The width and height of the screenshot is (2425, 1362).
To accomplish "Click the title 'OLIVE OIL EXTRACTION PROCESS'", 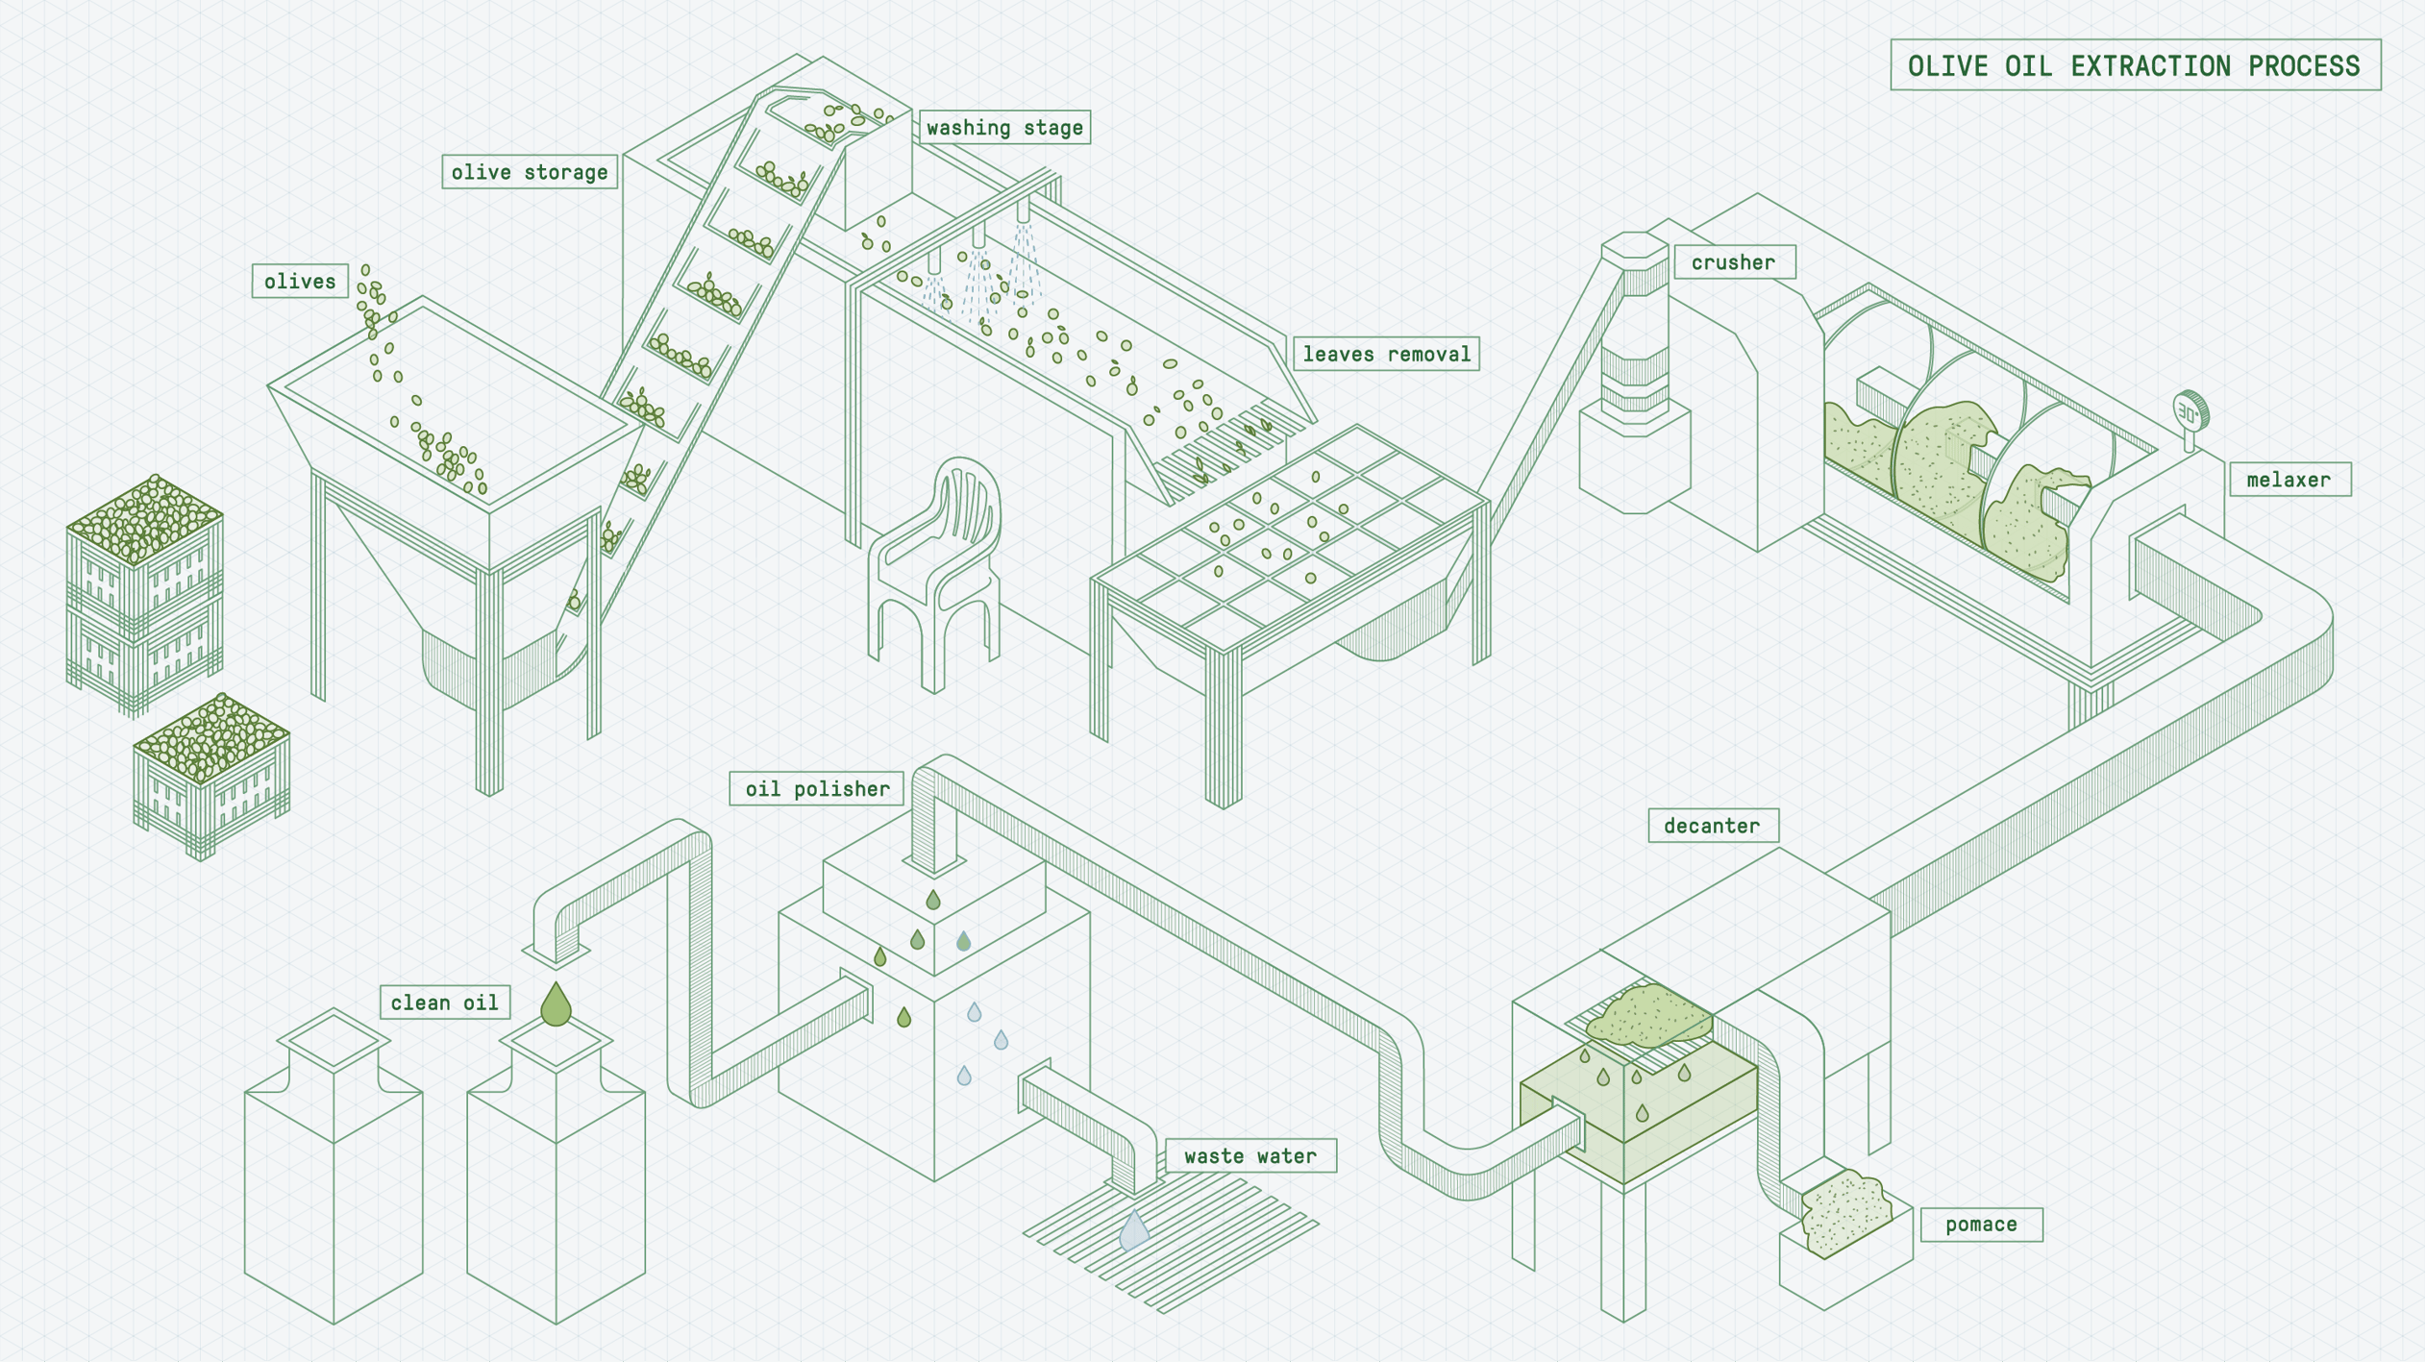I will point(2134,65).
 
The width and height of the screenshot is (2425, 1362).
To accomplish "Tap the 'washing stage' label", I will point(1004,127).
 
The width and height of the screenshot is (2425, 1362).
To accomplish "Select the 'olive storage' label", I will point(530,172).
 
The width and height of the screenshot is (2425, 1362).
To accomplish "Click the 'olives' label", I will point(300,281).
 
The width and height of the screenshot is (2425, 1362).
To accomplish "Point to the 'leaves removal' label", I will point(1386,354).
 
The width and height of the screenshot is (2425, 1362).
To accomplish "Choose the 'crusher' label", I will point(1733,262).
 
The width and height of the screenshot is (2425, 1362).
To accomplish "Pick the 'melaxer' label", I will point(2289,480).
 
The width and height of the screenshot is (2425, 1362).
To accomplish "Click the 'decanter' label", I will point(1712,826).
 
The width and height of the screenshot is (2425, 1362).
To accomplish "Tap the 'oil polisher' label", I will point(817,789).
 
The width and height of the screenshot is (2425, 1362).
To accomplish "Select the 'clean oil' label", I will point(444,1003).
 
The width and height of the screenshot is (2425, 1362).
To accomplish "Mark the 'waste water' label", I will point(1250,1155).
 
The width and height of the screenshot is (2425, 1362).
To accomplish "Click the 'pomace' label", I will point(1981,1225).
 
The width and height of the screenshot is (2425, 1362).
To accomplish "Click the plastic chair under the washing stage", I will point(937,567).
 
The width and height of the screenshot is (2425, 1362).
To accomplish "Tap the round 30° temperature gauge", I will point(2190,414).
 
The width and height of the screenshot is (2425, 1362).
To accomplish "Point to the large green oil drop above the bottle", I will point(556,1004).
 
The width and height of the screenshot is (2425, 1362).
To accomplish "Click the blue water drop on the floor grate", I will point(1134,1231).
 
